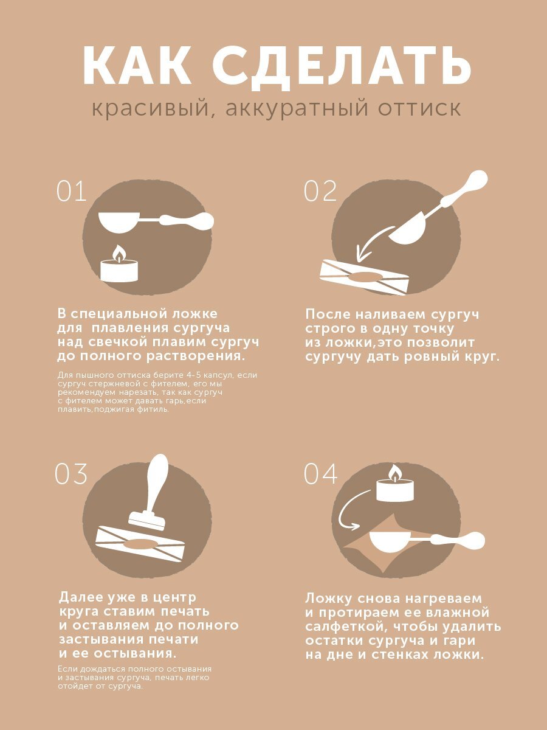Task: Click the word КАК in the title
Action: click(137, 65)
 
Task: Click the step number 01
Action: click(71, 191)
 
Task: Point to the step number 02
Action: click(320, 191)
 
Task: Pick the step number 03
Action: click(71, 473)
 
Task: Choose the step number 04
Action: click(320, 473)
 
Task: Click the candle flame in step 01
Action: click(118, 253)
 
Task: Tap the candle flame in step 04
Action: click(394, 473)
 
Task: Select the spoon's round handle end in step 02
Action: click(476, 181)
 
